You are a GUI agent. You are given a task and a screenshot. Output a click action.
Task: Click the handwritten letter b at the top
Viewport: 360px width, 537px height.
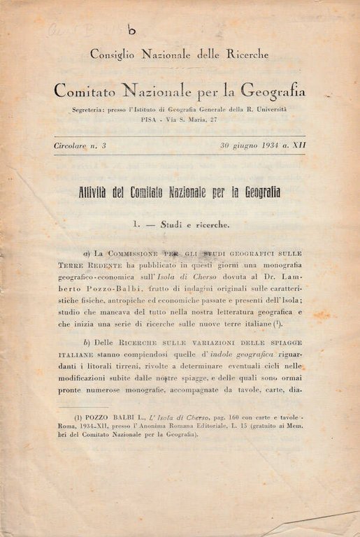pyautogui.click(x=132, y=29)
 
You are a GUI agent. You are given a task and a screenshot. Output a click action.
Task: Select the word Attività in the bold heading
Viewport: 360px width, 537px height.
pyautogui.click(x=103, y=192)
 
